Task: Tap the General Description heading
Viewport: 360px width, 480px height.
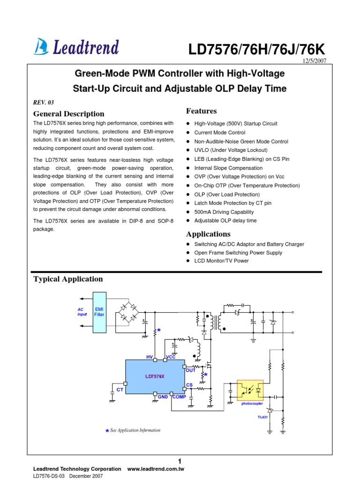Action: click(69, 114)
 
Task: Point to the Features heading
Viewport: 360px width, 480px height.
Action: click(202, 111)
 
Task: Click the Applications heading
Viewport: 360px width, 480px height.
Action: click(209, 234)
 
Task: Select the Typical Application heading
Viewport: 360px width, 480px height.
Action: click(68, 279)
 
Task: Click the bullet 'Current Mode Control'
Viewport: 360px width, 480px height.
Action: click(220, 133)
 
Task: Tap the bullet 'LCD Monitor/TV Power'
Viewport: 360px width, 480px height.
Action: click(222, 261)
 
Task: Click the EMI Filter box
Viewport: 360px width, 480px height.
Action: click(99, 312)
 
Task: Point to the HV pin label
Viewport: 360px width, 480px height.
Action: click(150, 357)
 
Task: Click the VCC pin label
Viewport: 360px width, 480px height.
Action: click(171, 357)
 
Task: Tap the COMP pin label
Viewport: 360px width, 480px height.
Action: click(180, 397)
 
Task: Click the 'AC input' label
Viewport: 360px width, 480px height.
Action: click(82, 312)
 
